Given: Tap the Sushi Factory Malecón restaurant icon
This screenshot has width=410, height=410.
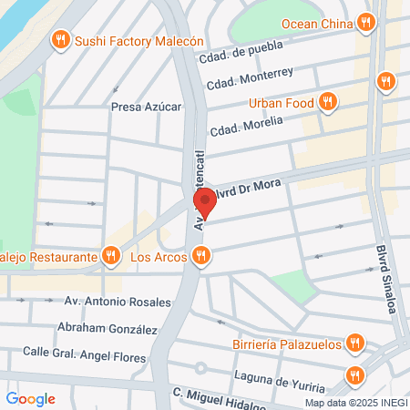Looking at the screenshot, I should (61, 39).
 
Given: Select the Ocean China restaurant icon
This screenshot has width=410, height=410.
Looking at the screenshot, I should (365, 22).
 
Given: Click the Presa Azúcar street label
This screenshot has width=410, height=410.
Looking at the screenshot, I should (146, 107).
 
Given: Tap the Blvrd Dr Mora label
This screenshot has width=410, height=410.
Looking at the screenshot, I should (250, 188).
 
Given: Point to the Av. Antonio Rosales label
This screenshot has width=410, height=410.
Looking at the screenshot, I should (118, 302).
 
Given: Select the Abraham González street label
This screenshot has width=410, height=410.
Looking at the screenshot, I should (108, 329).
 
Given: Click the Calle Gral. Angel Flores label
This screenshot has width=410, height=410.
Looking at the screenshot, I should (84, 354).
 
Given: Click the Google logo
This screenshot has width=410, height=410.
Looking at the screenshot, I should (30, 399).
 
